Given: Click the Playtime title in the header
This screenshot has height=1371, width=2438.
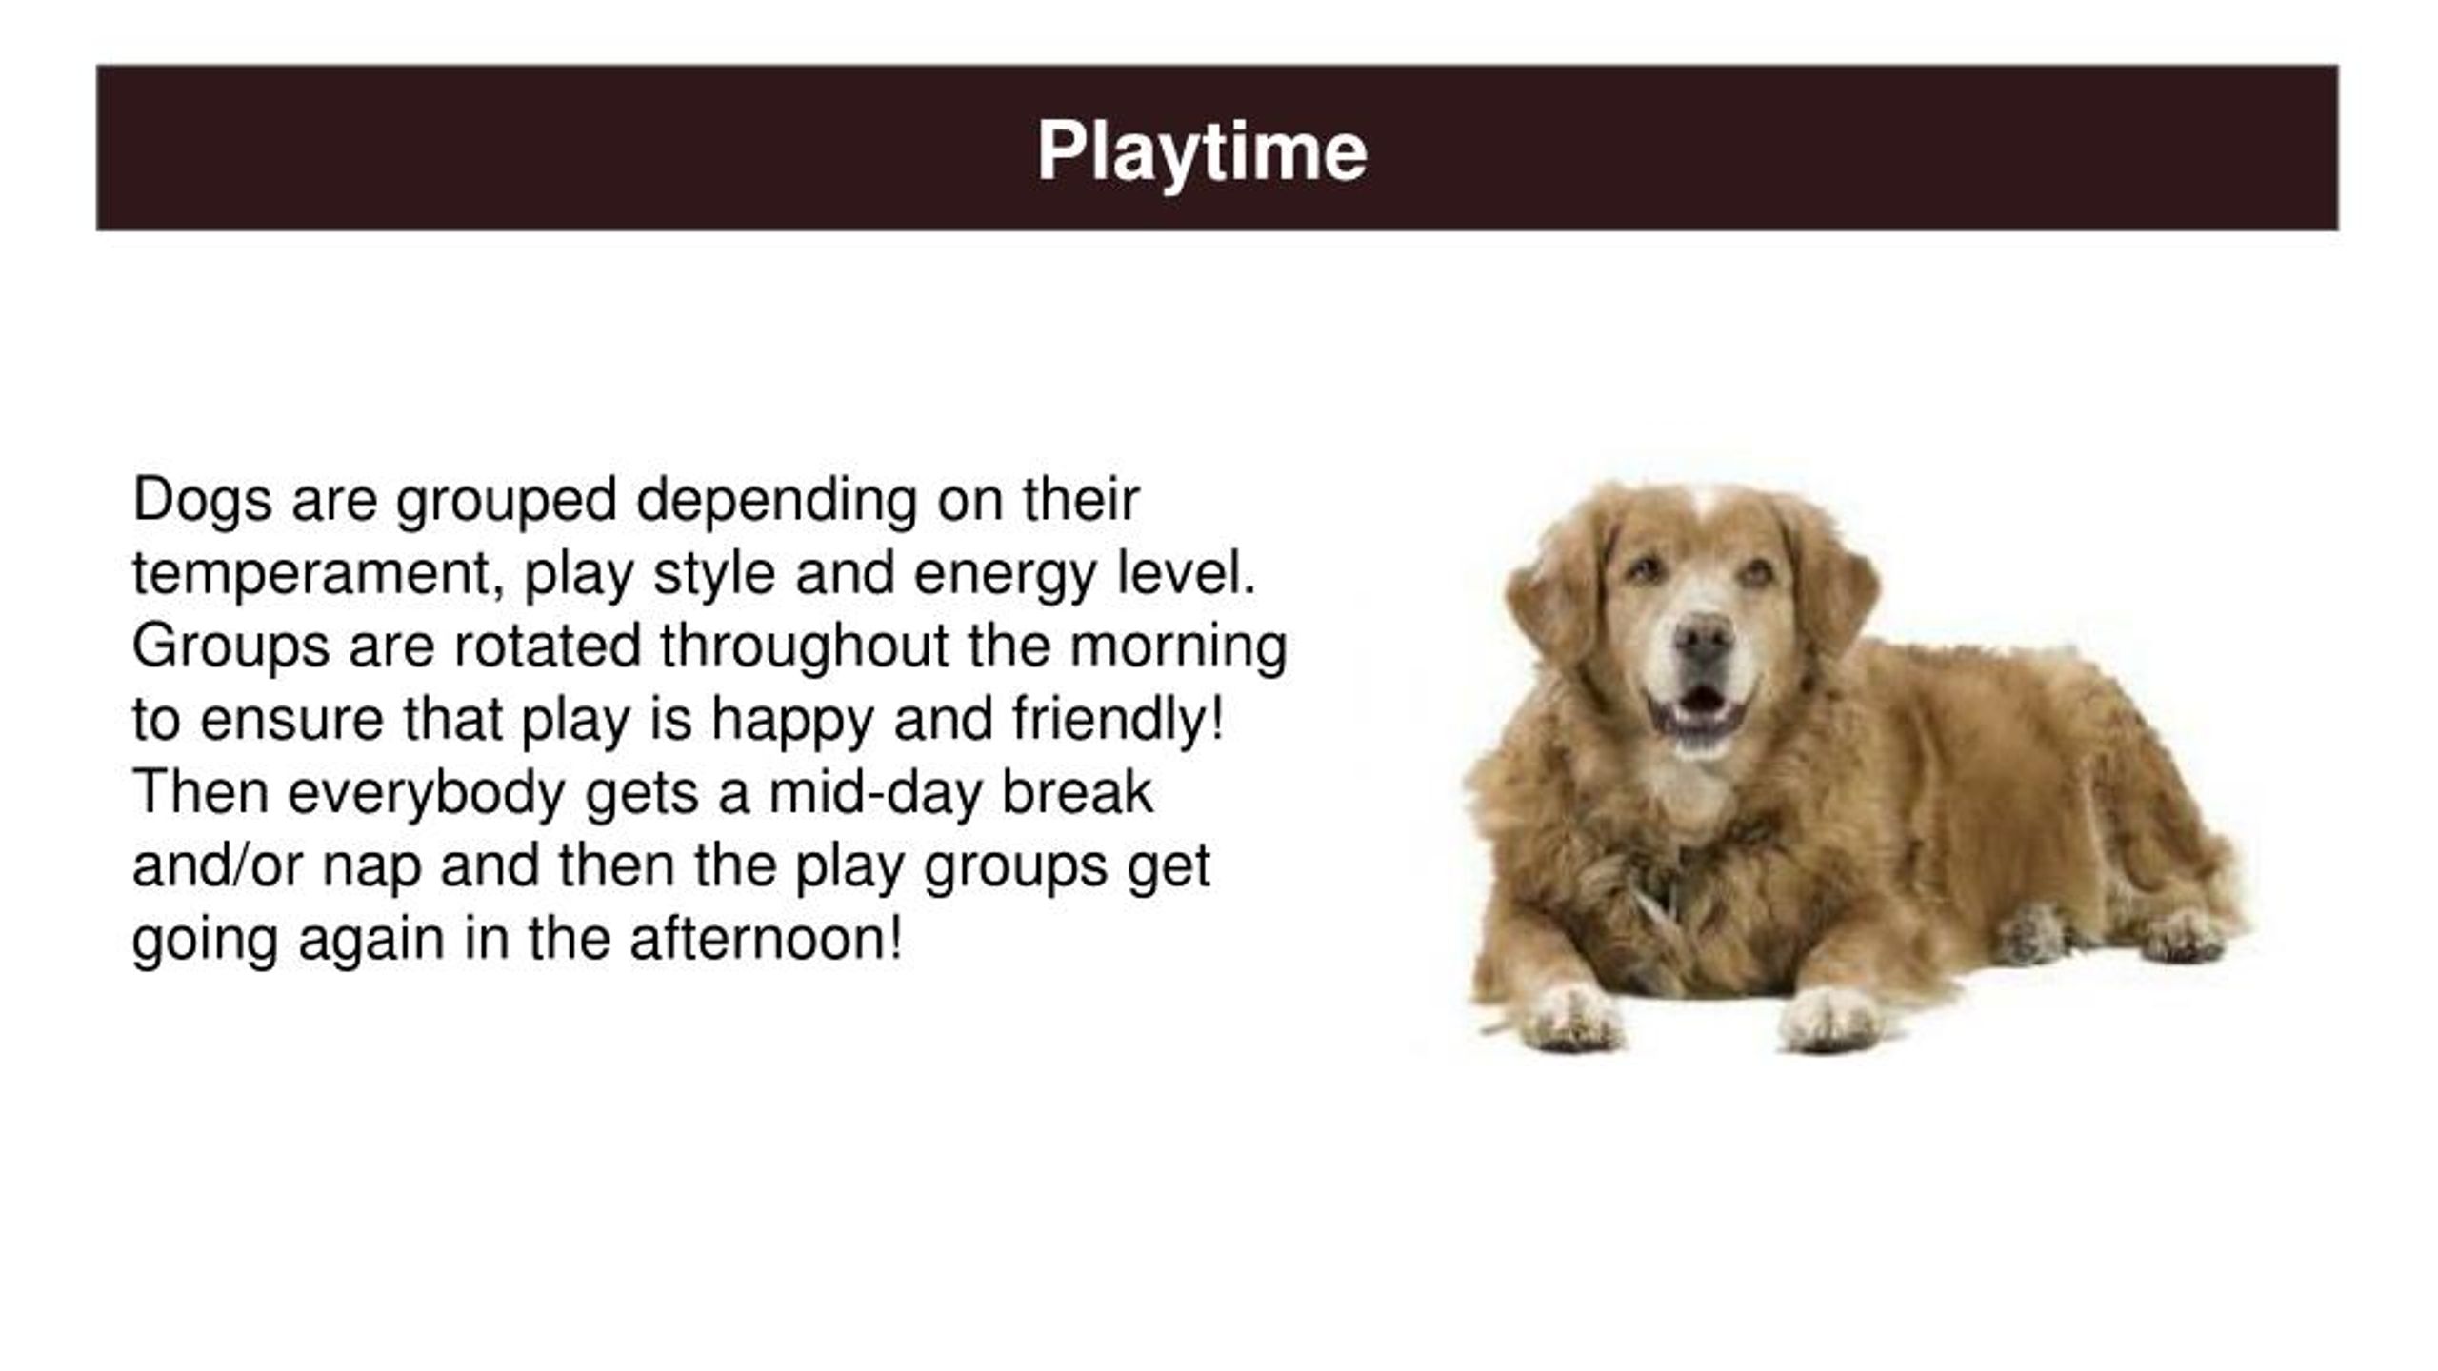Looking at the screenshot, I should tap(1202, 150).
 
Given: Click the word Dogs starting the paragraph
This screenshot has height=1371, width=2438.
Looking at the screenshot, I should tap(201, 499).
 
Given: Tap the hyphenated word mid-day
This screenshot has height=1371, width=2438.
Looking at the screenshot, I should tap(875, 793).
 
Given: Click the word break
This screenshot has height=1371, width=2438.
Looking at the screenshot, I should tap(1076, 792).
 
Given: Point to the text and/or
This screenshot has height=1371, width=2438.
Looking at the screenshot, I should tap(216, 865).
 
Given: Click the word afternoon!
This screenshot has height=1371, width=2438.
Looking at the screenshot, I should tap(765, 939).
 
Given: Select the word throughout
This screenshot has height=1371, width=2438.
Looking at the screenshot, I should tap(804, 646).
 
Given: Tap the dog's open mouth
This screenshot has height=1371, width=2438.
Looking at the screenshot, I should tap(1699, 705).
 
